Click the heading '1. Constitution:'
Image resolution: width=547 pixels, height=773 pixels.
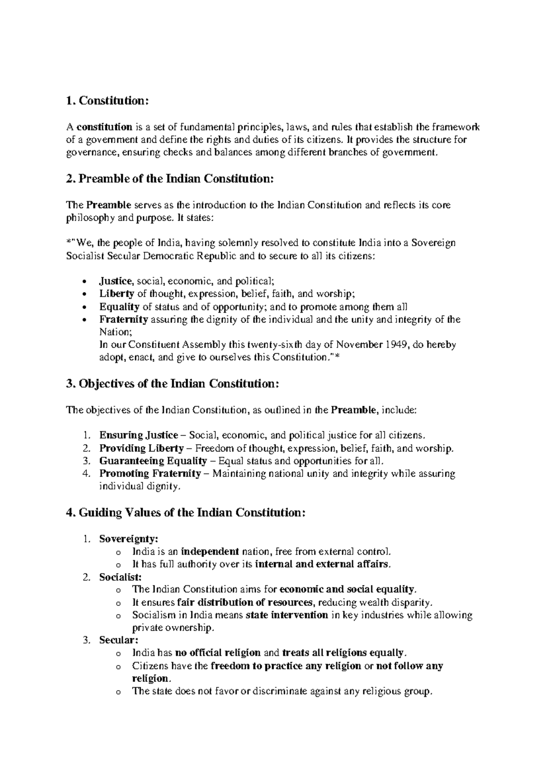108,101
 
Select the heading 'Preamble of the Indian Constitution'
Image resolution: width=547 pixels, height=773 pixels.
176,179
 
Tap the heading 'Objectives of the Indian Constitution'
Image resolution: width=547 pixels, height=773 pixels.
178,384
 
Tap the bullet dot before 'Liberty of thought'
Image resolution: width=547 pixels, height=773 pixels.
83,294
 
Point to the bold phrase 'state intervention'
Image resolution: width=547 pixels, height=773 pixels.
287,615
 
